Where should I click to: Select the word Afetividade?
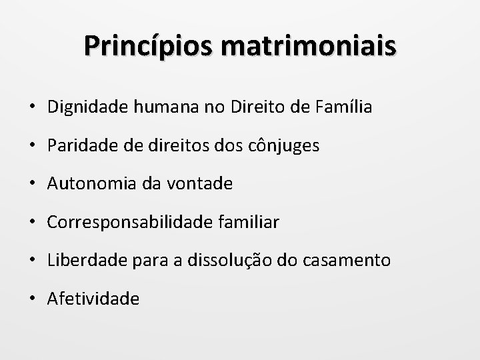click(93, 299)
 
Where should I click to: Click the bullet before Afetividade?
click(33, 299)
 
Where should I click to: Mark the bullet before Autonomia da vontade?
click(33, 184)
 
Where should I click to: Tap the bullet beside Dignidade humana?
click(33, 107)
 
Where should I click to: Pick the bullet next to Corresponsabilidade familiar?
click(33, 223)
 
